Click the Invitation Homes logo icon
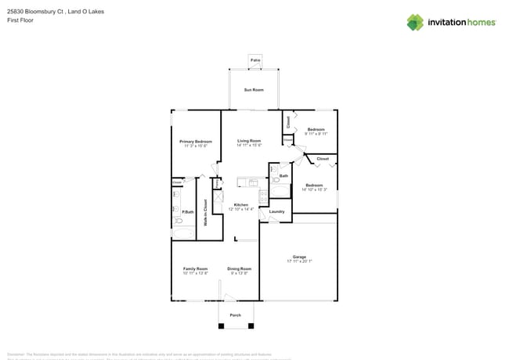click(x=415, y=22)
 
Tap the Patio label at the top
click(x=254, y=60)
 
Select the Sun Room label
click(x=254, y=91)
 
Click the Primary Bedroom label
click(x=195, y=141)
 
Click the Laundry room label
click(x=276, y=211)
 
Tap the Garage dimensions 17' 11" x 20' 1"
click(x=299, y=261)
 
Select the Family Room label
click(x=195, y=268)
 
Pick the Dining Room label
click(x=240, y=268)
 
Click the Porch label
click(x=235, y=315)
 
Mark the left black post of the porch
click(x=220, y=326)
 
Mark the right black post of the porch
click(x=251, y=326)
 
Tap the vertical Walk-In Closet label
click(x=205, y=212)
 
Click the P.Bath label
click(x=188, y=212)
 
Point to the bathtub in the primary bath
click(x=182, y=232)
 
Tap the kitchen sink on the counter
click(x=253, y=183)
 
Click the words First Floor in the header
click(x=20, y=20)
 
